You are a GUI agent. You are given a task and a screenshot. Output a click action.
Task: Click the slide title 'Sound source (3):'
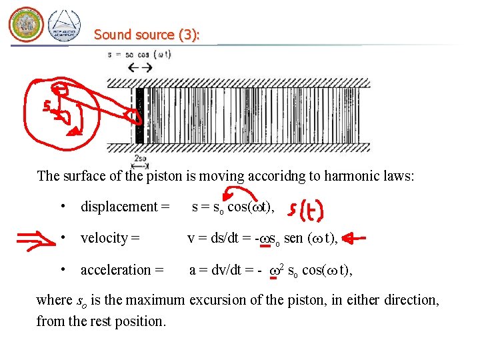click(147, 35)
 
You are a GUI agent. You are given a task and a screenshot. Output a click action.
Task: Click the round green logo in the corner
click(26, 25)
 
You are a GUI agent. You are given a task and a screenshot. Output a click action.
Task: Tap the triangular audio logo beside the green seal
click(65, 26)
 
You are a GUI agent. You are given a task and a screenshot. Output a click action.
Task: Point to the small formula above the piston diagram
click(139, 55)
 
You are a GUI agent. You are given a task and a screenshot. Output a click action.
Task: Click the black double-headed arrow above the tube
click(140, 67)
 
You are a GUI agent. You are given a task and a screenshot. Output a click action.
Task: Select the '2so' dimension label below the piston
click(141, 159)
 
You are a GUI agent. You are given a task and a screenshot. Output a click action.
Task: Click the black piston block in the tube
click(139, 115)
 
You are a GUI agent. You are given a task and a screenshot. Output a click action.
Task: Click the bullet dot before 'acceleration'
click(63, 269)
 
